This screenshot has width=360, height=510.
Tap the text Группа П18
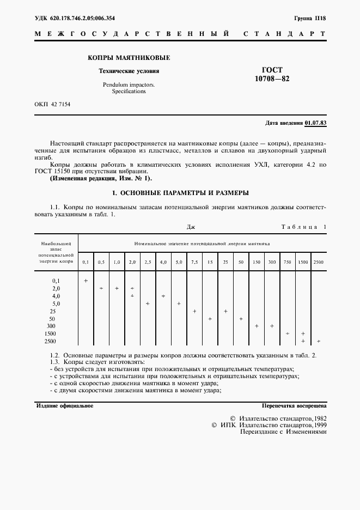pos(310,18)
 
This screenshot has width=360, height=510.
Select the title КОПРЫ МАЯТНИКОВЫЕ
pos(129,58)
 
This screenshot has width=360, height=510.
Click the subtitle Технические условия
pos(129,71)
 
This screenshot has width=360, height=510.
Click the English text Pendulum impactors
pos(129,85)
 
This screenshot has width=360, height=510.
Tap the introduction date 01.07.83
pos(315,123)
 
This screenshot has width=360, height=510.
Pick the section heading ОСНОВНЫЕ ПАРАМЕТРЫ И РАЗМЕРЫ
pos(180,193)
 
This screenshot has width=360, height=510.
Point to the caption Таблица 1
pos(303,227)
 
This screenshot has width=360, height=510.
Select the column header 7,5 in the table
pos(194,262)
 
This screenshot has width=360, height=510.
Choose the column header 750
pos(287,262)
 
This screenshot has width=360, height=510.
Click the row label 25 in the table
pos(52,311)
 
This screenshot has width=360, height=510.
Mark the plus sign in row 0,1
pos(86,280)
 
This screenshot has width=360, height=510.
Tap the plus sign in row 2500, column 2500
pos(319,341)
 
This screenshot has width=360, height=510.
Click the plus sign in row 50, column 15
pos(210,318)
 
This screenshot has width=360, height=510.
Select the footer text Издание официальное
pos(64,406)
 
